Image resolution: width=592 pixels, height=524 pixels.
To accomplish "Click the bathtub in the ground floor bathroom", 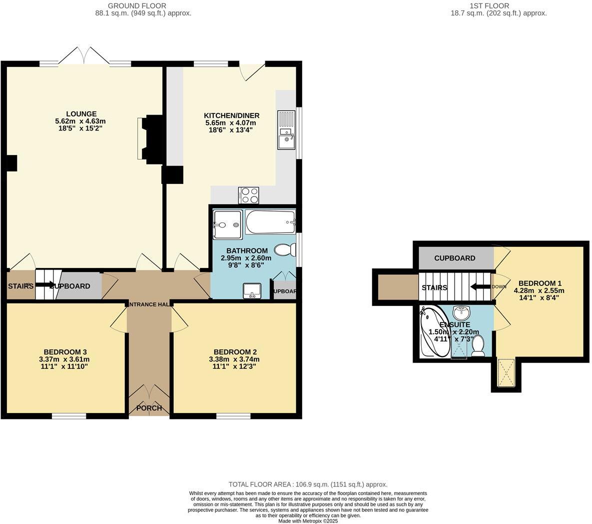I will [270, 222].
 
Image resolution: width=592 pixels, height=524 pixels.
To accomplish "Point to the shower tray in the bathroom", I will [227, 224].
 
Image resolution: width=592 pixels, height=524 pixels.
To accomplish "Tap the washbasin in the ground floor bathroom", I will [252, 290].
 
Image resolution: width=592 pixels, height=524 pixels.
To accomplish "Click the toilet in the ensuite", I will [478, 345].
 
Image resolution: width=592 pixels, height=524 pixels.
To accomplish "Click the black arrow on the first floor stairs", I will [480, 286].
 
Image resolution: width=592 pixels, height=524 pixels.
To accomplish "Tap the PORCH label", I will [149, 408].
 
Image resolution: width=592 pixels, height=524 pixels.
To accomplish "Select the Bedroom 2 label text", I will [235, 351].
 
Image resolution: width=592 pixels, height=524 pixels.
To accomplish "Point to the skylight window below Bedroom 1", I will [506, 374].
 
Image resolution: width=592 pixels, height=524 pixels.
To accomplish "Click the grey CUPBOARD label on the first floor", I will [455, 258].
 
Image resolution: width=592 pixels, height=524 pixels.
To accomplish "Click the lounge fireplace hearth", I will [140, 139].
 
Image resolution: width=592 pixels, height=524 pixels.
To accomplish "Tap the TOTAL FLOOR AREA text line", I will [308, 484].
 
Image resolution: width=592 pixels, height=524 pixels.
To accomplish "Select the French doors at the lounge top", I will [85, 56].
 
